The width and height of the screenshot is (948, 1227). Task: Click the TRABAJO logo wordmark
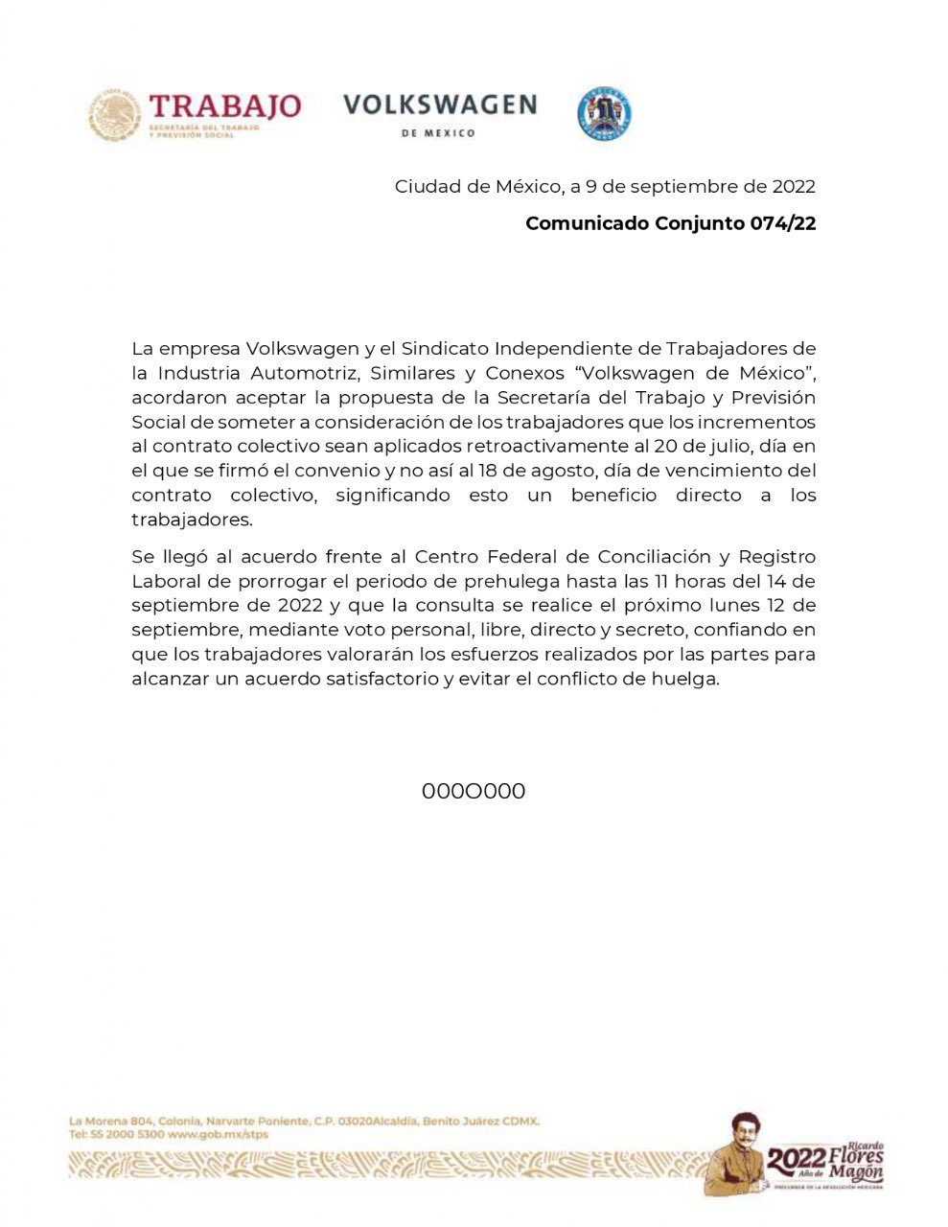pos(225,106)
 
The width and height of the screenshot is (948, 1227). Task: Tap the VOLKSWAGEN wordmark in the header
pos(440,104)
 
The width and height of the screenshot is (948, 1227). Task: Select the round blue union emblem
pos(604,114)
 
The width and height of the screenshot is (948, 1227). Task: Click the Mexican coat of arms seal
pos(115,116)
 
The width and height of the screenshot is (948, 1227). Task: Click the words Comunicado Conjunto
pos(635,223)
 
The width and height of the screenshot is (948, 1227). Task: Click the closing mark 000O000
pos(474,792)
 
